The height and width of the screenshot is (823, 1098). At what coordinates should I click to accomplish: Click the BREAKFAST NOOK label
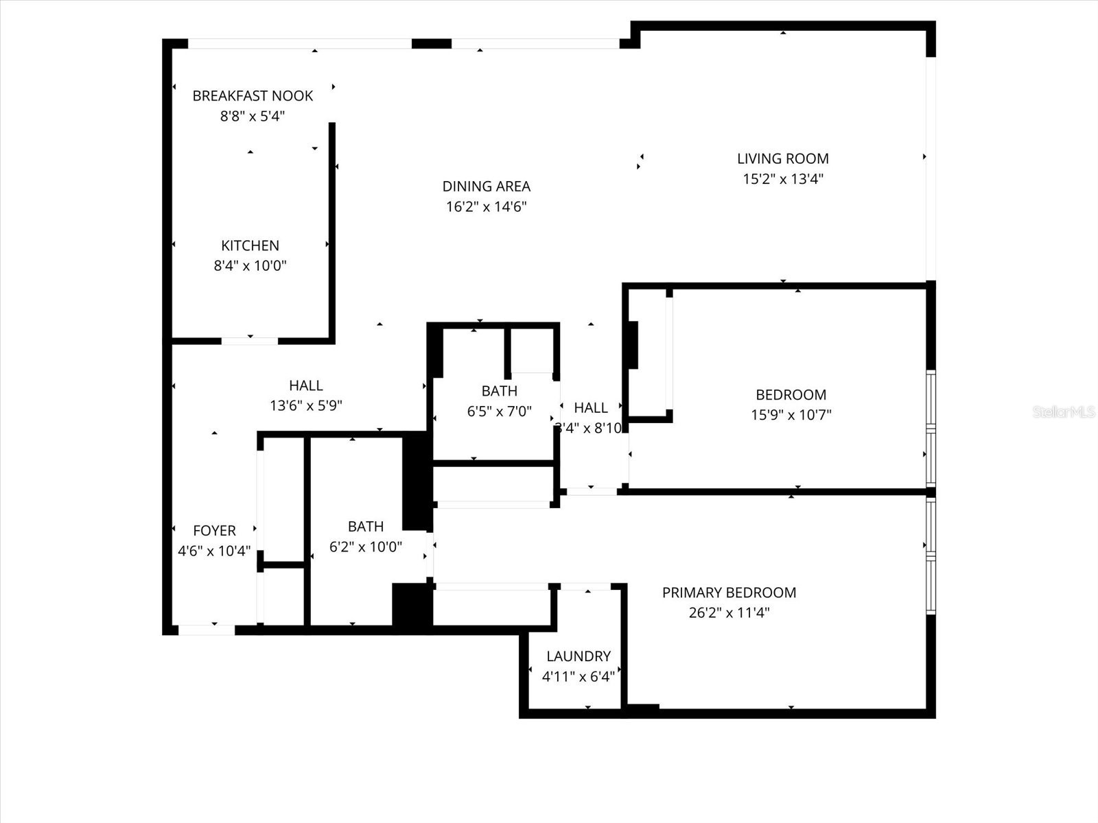(x=253, y=96)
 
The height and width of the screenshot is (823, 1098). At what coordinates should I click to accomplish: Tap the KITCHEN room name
(x=250, y=246)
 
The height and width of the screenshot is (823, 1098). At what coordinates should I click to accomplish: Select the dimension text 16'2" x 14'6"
(x=486, y=206)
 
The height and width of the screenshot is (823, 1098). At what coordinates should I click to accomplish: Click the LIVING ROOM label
(x=782, y=158)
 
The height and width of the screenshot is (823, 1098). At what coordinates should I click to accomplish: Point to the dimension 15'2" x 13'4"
(x=782, y=179)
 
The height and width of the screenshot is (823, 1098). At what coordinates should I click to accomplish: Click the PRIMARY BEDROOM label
(x=729, y=593)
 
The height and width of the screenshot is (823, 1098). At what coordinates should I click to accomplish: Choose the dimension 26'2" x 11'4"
(x=729, y=612)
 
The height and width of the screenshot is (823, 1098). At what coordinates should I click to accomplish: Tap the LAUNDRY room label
(x=578, y=656)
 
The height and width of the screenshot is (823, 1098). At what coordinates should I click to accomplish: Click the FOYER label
(x=214, y=531)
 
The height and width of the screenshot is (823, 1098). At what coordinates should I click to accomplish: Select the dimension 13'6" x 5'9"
(x=305, y=406)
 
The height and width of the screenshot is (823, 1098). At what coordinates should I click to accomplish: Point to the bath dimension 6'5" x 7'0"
(x=499, y=411)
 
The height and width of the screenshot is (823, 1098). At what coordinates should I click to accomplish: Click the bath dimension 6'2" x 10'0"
(x=365, y=547)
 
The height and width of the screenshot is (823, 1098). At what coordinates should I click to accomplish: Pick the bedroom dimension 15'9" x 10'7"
(x=791, y=415)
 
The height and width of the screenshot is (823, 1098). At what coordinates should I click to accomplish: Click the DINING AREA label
(x=486, y=187)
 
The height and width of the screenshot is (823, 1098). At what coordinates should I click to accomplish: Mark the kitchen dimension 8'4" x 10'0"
(x=250, y=265)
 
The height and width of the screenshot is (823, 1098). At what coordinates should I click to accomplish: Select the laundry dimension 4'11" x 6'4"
(x=578, y=677)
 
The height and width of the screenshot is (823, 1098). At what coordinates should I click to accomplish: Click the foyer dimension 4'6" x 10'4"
(x=214, y=551)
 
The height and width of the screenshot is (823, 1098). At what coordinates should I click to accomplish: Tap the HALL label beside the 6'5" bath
(x=590, y=408)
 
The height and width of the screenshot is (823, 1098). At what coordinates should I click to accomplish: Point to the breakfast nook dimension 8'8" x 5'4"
(x=252, y=116)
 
